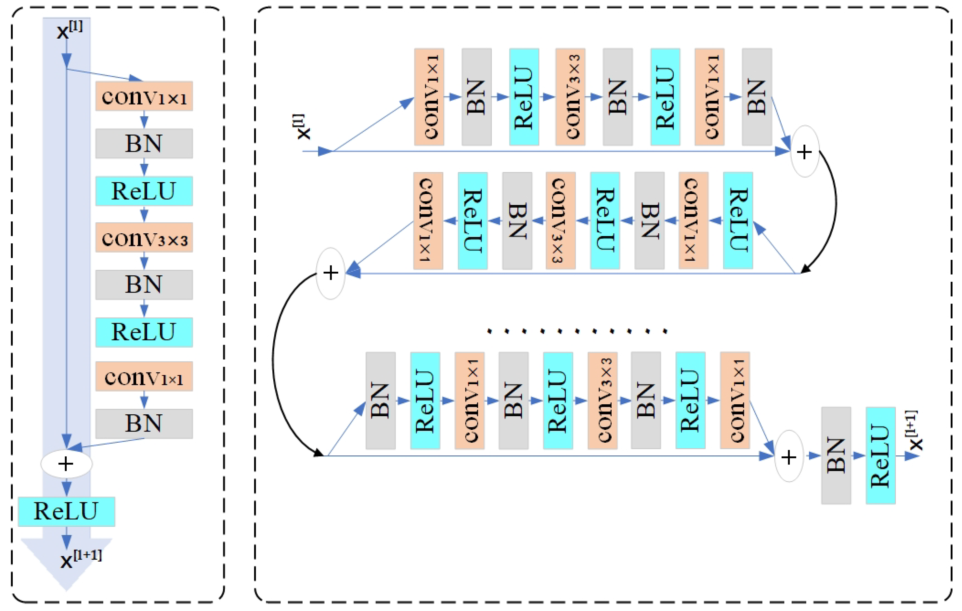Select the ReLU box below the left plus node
66,511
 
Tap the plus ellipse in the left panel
66,463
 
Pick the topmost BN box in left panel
144,143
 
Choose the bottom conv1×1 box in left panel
144,376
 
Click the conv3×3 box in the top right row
570,97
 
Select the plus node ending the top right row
805,151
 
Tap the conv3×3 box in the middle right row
561,221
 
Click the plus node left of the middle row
331,273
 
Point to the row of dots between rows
577,331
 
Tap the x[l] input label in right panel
303,127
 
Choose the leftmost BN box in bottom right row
380,400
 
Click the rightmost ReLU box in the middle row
737,221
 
